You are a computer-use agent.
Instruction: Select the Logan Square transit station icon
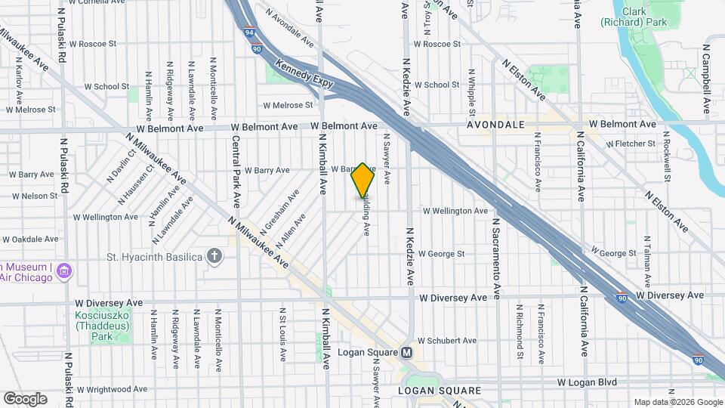click(x=407, y=353)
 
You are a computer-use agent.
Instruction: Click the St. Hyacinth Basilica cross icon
click(x=215, y=256)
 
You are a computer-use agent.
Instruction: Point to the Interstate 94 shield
click(x=250, y=33)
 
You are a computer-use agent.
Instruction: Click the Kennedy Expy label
click(x=304, y=78)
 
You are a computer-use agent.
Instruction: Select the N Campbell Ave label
click(x=708, y=79)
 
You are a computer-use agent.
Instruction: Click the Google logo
click(x=25, y=398)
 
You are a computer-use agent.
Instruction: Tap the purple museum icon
click(x=64, y=270)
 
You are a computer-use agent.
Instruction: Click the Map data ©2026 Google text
click(x=677, y=402)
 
